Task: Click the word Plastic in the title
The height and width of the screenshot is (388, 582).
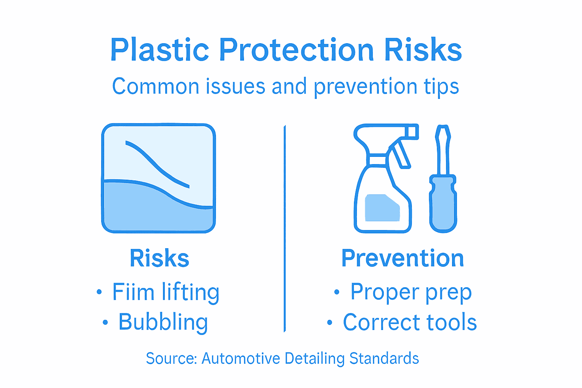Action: coord(160,50)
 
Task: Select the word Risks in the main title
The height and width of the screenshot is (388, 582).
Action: coord(423,50)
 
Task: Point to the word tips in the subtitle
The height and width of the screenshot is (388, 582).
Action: coord(441,87)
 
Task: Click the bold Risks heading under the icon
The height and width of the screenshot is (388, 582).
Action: coord(160,258)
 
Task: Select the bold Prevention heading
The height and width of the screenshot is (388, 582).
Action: coord(402,258)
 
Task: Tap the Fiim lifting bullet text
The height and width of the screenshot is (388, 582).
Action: coord(166,293)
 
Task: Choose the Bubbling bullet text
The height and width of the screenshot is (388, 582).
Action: coord(163,322)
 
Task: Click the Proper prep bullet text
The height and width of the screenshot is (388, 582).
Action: coord(411,292)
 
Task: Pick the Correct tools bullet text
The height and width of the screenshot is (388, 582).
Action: coord(410,322)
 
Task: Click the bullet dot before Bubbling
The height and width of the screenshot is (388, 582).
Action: coord(105,323)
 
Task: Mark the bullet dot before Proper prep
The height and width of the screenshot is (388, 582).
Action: coord(337,292)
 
